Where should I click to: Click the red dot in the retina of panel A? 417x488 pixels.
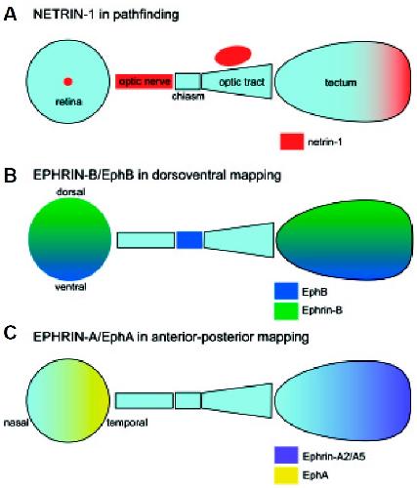coord(68,81)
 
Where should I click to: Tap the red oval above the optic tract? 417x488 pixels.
coord(232,56)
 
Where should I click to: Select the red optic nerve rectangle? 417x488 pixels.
coord(144,81)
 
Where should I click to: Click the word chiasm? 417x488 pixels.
coord(188,96)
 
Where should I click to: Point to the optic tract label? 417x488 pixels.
coord(242,82)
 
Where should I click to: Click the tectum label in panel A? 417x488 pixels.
coord(341,82)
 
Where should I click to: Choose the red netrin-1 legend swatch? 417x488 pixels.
coord(292,142)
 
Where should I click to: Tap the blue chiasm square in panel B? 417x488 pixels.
coord(189,240)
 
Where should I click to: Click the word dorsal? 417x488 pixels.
coord(71,192)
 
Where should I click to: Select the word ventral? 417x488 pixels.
coord(70,287)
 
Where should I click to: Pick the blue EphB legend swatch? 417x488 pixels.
coord(286,291)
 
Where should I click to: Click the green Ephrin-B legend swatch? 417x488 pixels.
coord(286,310)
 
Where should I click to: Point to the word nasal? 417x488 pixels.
coord(17,423)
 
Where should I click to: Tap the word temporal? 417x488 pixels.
coord(127,423)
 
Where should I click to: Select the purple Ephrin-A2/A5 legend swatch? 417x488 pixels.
coord(286,455)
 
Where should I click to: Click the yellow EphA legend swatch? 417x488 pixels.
coord(286,475)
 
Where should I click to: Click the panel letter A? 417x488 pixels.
coord(10,15)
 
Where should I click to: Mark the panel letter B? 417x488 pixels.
coord(10,176)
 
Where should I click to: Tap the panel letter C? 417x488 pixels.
coord(10,333)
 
